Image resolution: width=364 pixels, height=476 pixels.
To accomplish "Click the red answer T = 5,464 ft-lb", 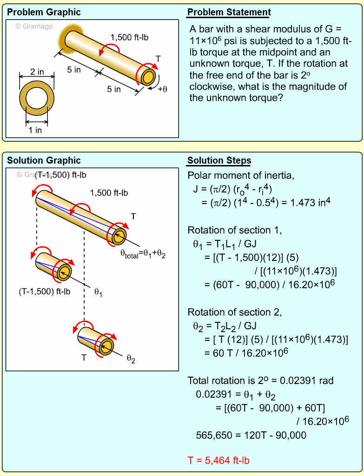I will [218, 461].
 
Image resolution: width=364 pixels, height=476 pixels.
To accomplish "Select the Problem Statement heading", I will [229, 13].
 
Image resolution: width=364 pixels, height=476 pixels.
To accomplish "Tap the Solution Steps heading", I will [219, 161].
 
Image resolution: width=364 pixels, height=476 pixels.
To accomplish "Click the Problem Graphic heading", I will [44, 13].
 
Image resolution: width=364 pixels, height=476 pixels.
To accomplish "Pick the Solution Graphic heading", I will [44, 161].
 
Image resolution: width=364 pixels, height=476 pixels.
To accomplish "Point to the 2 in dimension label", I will [37, 72].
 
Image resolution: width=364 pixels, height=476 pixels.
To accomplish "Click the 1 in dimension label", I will [35, 130].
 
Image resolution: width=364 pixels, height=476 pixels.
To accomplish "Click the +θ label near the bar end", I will [162, 89].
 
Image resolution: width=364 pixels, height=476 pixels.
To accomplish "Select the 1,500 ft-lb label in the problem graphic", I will [129, 38].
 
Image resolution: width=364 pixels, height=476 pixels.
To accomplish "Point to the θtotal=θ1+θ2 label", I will [143, 253].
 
